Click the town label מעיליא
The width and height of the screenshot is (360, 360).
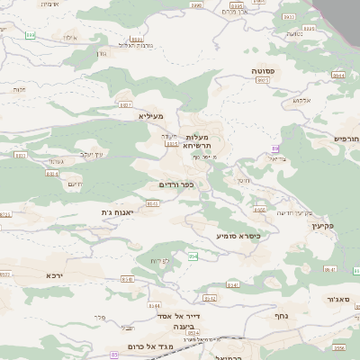[149, 116]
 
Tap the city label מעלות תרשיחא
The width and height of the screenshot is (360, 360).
[196, 140]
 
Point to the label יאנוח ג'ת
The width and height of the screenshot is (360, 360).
[118, 212]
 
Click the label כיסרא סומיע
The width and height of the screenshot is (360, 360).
[238, 236]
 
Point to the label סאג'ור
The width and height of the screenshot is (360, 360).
[337, 299]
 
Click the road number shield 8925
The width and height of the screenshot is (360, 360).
[263, 80]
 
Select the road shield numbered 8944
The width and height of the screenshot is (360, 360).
[337, 76]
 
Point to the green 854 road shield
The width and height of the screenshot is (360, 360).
[193, 256]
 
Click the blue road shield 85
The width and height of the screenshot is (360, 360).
[114, 355]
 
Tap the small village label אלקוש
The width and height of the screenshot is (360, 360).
[301, 100]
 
